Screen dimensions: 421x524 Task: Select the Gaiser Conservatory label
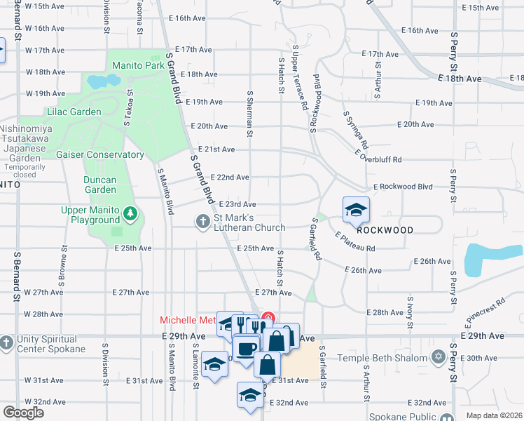(x=99, y=154)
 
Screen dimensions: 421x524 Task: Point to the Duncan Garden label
(x=99, y=184)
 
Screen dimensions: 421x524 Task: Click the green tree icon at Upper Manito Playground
(x=129, y=212)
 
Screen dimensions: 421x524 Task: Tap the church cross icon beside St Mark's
(x=203, y=222)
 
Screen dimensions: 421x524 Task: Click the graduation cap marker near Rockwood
(x=356, y=210)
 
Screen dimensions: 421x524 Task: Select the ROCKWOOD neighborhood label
(x=384, y=230)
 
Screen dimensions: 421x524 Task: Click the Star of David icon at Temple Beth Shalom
(x=439, y=358)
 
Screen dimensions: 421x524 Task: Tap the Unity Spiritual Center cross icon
(x=6, y=343)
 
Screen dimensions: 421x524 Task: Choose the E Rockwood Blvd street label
(x=403, y=187)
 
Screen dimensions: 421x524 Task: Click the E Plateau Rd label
(x=355, y=242)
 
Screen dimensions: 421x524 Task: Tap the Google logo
(x=23, y=413)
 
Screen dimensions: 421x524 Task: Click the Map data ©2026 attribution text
(x=495, y=415)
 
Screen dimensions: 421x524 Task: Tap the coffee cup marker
(x=245, y=349)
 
